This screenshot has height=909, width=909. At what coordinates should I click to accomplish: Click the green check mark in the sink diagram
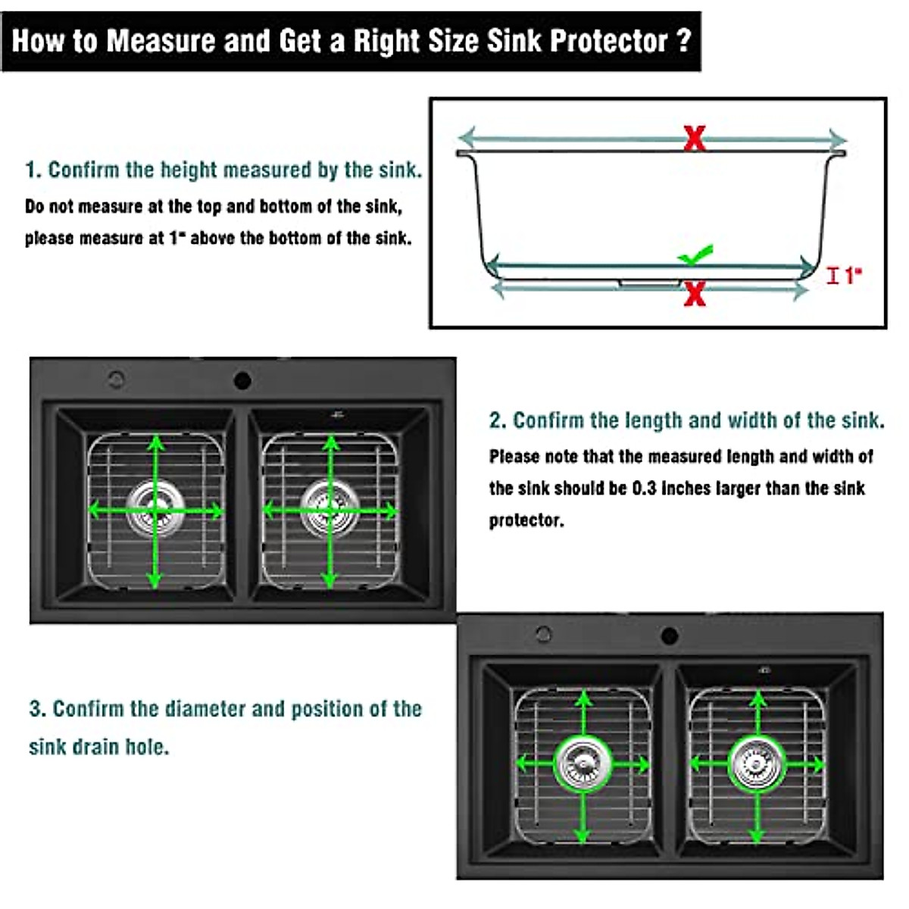point(695,255)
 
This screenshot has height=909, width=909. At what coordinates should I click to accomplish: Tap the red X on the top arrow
point(694,139)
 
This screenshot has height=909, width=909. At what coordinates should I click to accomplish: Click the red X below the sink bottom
point(694,294)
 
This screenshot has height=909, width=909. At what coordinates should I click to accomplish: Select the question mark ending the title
point(684,40)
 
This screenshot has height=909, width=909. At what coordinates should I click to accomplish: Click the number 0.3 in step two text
point(644,489)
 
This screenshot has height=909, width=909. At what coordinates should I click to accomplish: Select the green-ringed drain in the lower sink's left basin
point(583,763)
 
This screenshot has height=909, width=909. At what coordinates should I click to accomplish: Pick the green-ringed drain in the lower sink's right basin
point(756,763)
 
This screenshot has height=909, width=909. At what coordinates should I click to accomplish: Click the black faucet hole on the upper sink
point(242,380)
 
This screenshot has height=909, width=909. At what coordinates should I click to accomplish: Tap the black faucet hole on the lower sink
point(669,636)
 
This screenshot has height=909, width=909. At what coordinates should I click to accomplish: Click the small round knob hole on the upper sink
point(116,379)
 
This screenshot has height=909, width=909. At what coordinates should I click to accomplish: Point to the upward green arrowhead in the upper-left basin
point(156,442)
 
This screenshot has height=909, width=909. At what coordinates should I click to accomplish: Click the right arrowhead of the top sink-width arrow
point(837,139)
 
